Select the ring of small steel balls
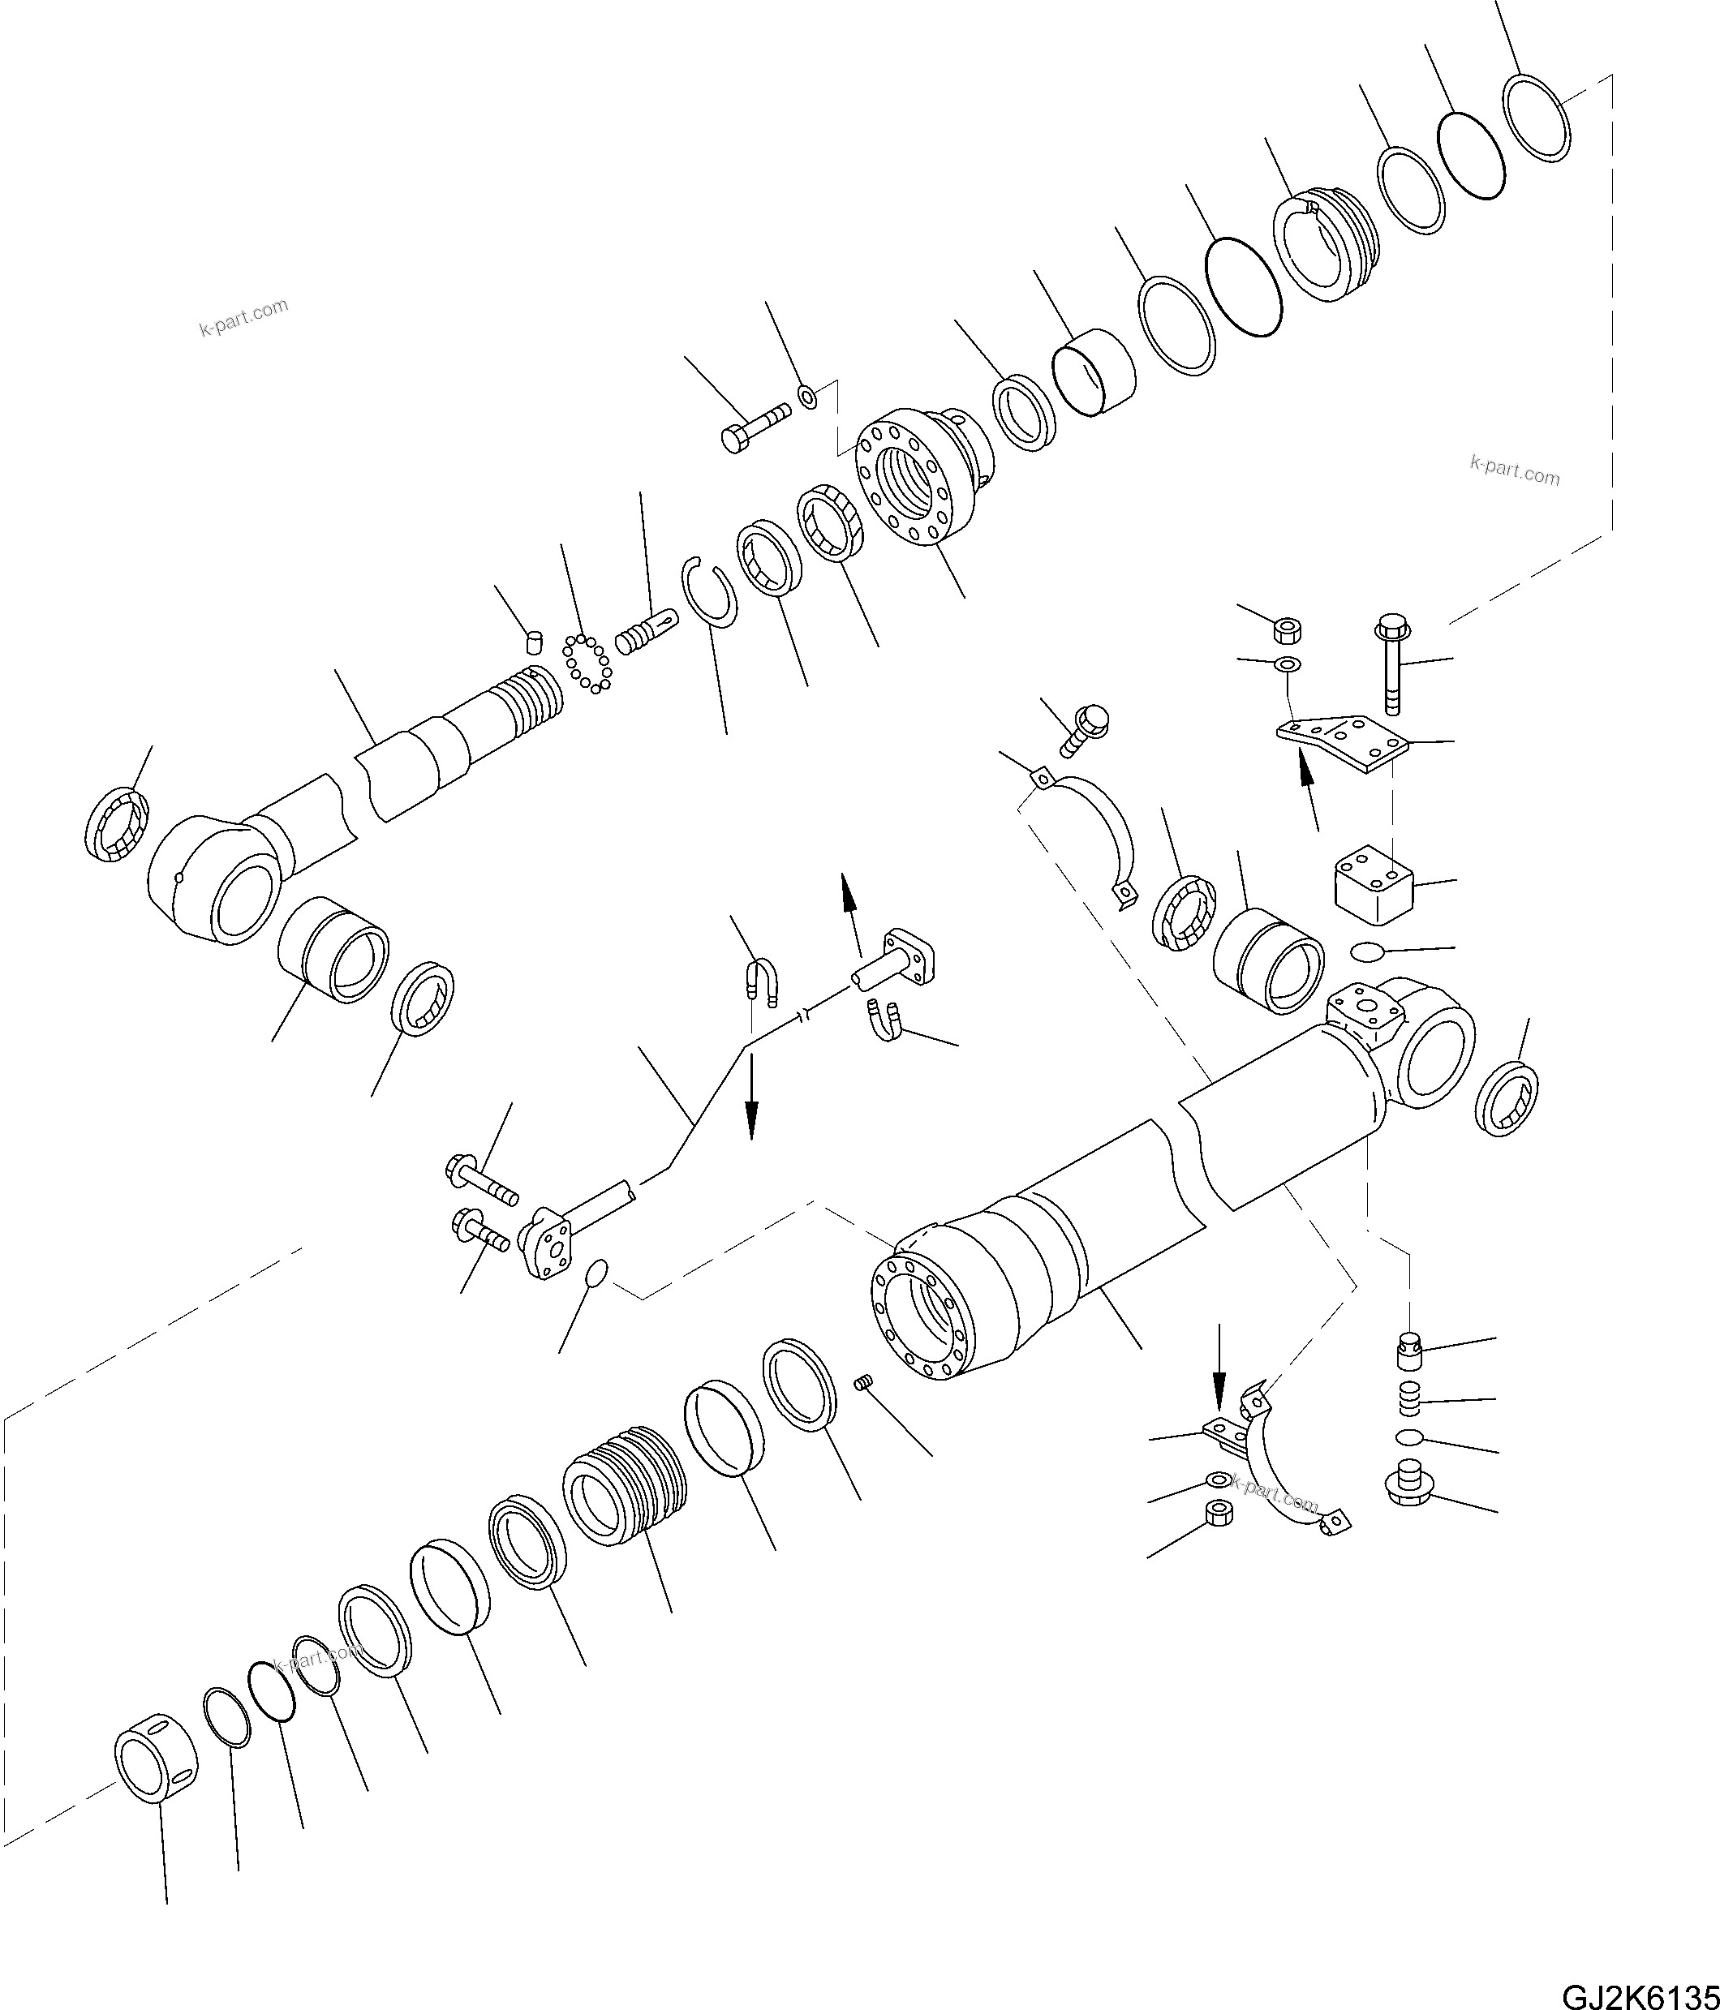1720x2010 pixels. [588, 664]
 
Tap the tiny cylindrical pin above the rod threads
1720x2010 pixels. [532, 640]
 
